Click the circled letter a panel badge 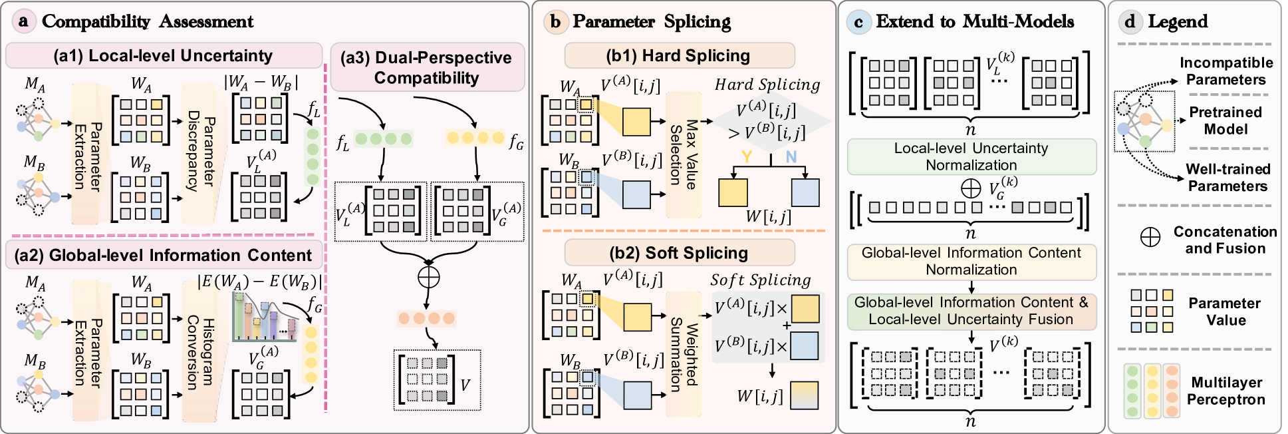(23, 21)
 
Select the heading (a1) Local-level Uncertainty (164, 56)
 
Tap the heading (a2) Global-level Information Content (164, 255)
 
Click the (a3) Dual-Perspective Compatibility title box (427, 68)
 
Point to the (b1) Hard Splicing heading (679, 56)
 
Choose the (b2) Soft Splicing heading (679, 253)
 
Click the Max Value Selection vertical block (684, 155)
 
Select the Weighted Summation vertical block (684, 353)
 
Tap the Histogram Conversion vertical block (199, 351)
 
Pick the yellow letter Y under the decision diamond (747, 157)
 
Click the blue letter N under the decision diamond (791, 157)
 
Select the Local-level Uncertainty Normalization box (971, 156)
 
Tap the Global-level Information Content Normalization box (971, 262)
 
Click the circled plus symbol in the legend (1150, 238)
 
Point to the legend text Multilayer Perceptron (1226, 391)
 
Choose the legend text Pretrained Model (1225, 120)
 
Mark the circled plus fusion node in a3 (429, 276)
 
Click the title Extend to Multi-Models (974, 21)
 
